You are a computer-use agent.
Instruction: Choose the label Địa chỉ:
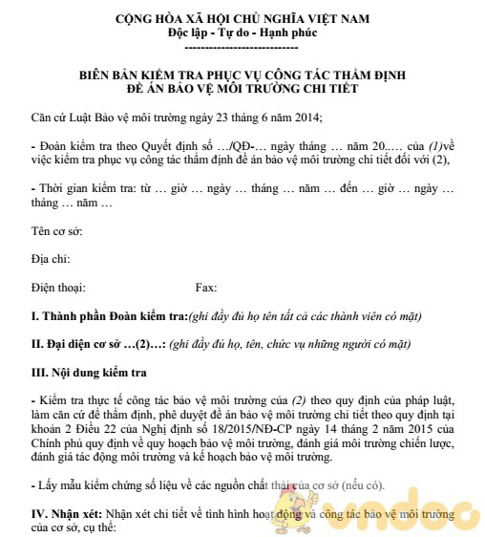52,259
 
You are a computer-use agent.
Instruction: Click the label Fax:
206,287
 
